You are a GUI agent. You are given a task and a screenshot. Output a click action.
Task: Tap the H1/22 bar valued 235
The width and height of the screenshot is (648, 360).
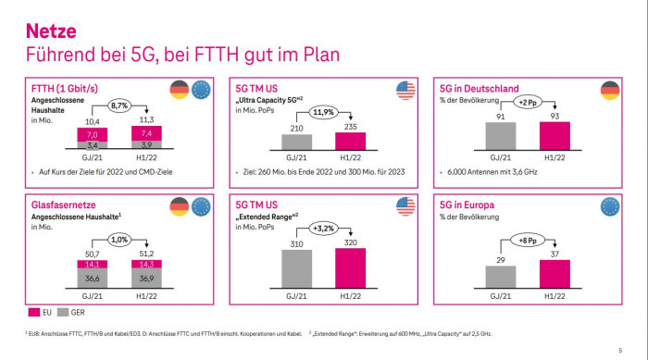pos(349,140)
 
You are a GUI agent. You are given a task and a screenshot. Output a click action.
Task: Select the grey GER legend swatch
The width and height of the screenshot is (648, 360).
pos(64,314)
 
